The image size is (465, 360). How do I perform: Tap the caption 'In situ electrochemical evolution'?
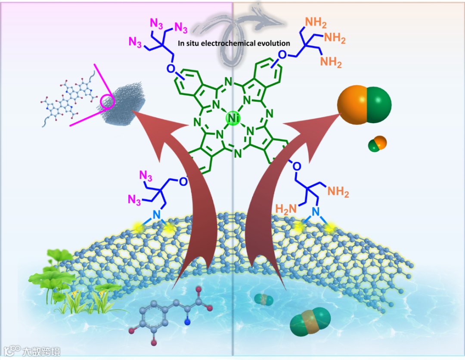234,43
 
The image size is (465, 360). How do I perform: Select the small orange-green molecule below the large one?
377,143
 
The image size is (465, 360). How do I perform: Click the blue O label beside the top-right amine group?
282,55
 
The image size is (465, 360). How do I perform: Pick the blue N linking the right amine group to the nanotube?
316,211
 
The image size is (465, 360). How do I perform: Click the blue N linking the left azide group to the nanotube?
156,214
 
